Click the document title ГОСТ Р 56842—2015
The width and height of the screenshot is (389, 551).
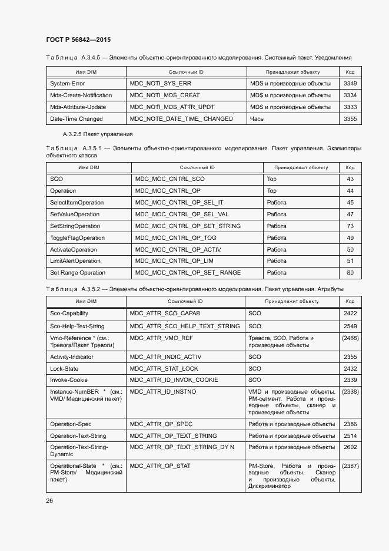(78, 40)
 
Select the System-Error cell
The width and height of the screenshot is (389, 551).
(67, 84)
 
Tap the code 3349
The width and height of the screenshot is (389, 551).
(350, 84)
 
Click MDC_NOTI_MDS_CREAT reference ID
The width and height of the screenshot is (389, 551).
(165, 95)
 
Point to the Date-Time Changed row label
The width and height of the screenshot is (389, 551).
(76, 119)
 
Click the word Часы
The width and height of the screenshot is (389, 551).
(258, 119)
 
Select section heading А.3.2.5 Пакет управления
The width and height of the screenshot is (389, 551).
(89, 134)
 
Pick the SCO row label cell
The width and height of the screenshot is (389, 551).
(56, 179)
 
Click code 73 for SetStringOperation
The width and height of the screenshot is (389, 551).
(350, 226)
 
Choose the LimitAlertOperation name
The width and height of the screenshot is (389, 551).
(75, 261)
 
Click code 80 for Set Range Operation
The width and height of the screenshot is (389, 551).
(350, 273)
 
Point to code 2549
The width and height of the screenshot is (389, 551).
(350, 326)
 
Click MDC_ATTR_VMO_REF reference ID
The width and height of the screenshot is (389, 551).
(161, 338)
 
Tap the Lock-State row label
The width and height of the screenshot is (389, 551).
(64, 368)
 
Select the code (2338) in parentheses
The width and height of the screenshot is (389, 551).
(350, 391)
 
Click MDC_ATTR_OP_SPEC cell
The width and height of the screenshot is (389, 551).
(161, 424)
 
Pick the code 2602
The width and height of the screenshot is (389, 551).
(350, 448)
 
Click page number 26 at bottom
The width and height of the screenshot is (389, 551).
(49, 500)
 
